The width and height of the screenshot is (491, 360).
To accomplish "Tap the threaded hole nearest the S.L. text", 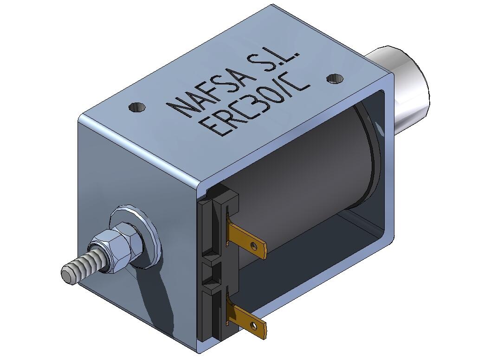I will [x=333, y=79].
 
